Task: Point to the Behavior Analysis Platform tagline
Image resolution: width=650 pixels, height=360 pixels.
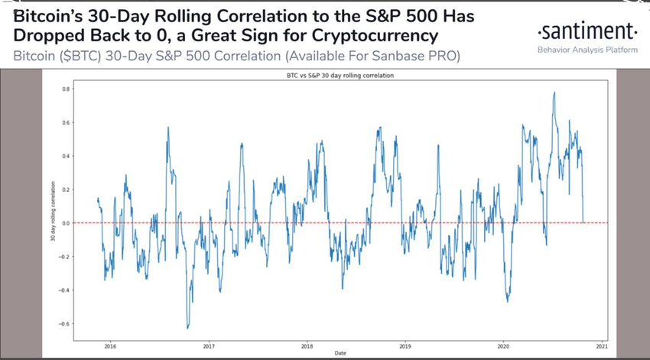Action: (x=587, y=50)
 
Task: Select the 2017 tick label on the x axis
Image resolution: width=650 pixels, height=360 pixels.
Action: (x=208, y=344)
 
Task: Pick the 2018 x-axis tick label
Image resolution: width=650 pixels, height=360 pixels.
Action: (x=307, y=344)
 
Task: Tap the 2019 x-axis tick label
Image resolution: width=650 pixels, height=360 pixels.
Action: (x=405, y=344)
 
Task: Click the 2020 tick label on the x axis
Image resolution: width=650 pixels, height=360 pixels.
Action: (x=503, y=344)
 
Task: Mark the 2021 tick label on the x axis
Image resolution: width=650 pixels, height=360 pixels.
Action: (x=602, y=344)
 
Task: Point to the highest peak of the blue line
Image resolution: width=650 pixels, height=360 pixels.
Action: (x=554, y=92)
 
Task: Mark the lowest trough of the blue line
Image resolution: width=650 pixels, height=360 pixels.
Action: (x=187, y=328)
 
